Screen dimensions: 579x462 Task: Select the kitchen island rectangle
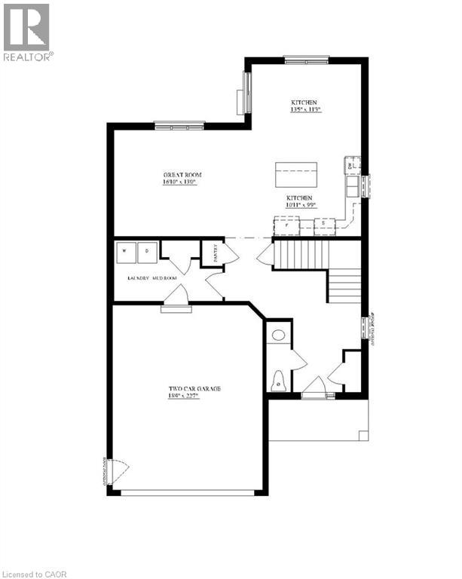pos(295,175)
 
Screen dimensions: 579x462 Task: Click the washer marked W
pos(126,250)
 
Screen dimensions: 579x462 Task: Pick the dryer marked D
pos(147,250)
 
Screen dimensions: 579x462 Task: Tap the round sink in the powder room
pos(277,335)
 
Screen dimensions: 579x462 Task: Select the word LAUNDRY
pos(138,278)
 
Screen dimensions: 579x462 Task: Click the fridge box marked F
pos(286,224)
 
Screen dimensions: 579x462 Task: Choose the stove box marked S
pos(324,224)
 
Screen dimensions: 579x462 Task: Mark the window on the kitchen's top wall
pos(306,59)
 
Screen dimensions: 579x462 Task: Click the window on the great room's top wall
pos(179,124)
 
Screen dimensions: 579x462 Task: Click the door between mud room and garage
pos(177,300)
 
